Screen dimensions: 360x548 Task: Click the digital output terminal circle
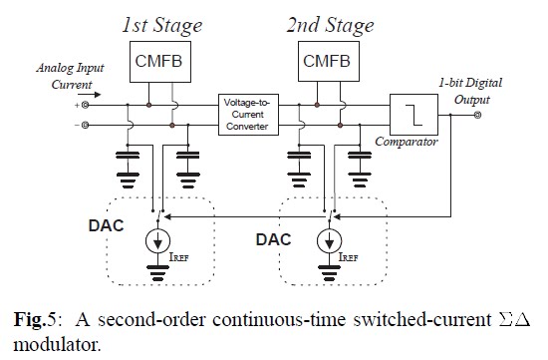[x=477, y=115]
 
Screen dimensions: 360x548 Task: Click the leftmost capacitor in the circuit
[x=129, y=158]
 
